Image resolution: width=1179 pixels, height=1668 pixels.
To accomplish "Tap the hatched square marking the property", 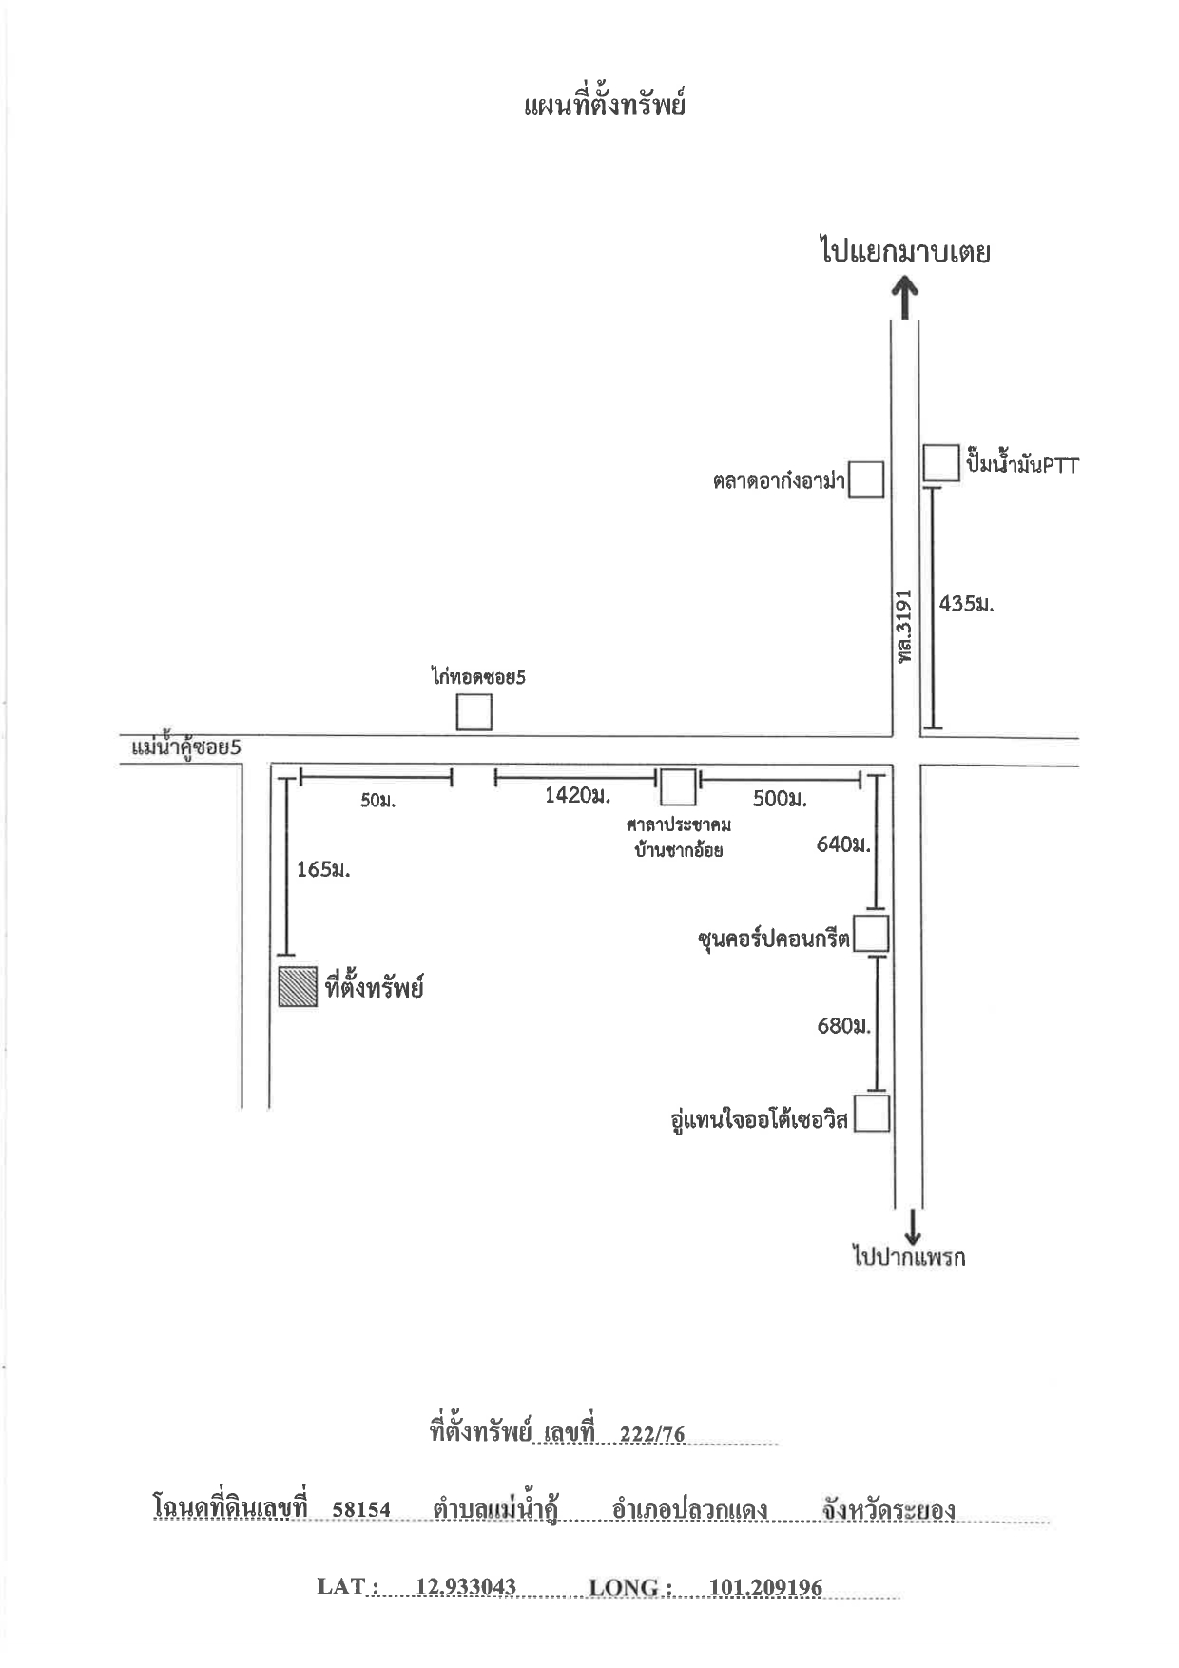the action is pyautogui.click(x=298, y=987).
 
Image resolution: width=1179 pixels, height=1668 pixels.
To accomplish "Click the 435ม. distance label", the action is pyautogui.click(x=966, y=603).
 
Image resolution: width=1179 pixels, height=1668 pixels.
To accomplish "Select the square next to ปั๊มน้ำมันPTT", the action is pyautogui.click(x=942, y=463).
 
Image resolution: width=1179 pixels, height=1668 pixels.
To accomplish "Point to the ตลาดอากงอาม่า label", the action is pyautogui.click(x=779, y=482).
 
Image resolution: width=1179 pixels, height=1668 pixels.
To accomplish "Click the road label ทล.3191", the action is pyautogui.click(x=903, y=626).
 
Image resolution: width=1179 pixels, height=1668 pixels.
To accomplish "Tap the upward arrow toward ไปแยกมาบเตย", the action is pyautogui.click(x=905, y=297).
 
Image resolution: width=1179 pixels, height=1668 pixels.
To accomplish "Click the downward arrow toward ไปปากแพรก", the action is pyautogui.click(x=913, y=1226).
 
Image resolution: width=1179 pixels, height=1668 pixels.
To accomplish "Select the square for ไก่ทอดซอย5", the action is pyautogui.click(x=474, y=712).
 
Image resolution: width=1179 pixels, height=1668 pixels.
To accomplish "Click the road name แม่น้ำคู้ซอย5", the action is pyautogui.click(x=186, y=747).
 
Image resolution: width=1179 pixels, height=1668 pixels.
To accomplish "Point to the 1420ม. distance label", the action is pyautogui.click(x=577, y=795).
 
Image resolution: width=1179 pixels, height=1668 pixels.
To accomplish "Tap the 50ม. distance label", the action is pyautogui.click(x=377, y=801).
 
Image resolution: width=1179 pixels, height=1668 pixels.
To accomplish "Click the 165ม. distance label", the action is pyautogui.click(x=323, y=869).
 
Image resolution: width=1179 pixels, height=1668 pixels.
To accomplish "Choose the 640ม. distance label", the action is pyautogui.click(x=843, y=844).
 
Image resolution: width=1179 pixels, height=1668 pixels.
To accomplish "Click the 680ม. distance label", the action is pyautogui.click(x=843, y=1026).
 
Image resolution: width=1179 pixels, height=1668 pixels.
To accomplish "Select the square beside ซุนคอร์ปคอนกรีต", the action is pyautogui.click(x=871, y=934).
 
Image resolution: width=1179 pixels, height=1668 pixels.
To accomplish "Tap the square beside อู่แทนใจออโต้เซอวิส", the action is pyautogui.click(x=872, y=1114).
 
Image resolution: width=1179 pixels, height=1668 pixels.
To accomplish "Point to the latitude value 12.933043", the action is pyautogui.click(x=466, y=1586).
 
